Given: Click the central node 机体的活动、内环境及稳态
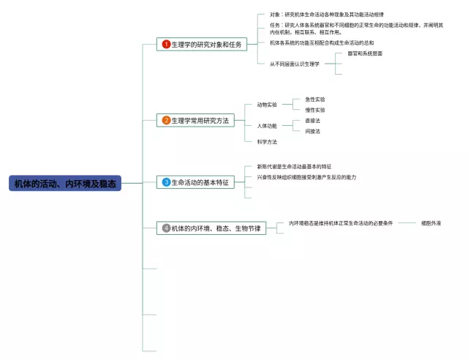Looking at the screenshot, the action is pyautogui.click(x=64, y=183).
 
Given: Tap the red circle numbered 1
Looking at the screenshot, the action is pyautogui.click(x=166, y=45).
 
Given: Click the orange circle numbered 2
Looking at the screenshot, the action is pyautogui.click(x=166, y=120).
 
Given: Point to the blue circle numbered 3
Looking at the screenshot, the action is pyautogui.click(x=166, y=182).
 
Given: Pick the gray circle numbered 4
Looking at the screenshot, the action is pyautogui.click(x=166, y=228).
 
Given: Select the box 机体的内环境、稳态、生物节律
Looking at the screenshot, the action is pyautogui.click(x=215, y=228).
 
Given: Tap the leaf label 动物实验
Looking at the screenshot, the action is pyautogui.click(x=267, y=105).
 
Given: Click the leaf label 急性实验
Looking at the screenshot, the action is pyautogui.click(x=315, y=99).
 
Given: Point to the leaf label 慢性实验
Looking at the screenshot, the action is pyautogui.click(x=315, y=110).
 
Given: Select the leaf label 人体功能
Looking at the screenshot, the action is pyautogui.click(x=267, y=126).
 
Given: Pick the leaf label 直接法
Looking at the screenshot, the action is pyautogui.click(x=312, y=120).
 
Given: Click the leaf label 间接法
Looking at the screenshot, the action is pyautogui.click(x=312, y=131).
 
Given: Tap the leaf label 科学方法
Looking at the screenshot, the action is pyautogui.click(x=267, y=141).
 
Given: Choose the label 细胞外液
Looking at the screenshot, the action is pyautogui.click(x=431, y=222).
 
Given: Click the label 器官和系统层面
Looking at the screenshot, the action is pyautogui.click(x=365, y=53).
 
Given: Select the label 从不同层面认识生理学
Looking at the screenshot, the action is pyautogui.click(x=295, y=64).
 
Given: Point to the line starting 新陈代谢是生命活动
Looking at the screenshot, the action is pyautogui.click(x=294, y=167).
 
